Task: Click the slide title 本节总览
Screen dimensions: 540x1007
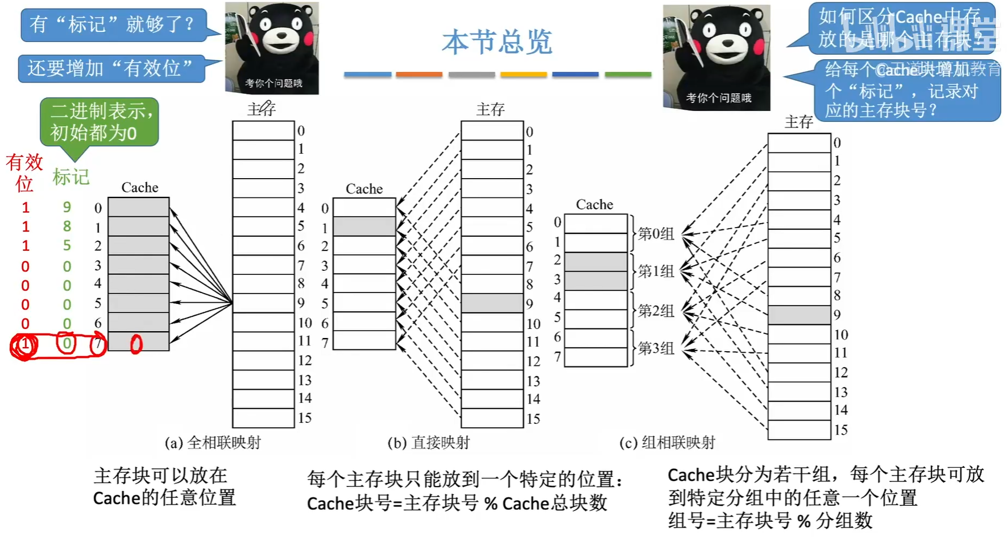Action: [x=497, y=42]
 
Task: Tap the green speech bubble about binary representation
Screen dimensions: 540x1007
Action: [x=99, y=122]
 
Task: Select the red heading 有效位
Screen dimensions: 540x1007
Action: [x=24, y=172]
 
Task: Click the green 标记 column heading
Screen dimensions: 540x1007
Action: [x=71, y=177]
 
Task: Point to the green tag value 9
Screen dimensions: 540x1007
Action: [x=67, y=207]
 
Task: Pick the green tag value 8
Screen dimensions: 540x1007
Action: [x=67, y=226]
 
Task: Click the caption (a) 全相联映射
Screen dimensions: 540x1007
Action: [x=213, y=442]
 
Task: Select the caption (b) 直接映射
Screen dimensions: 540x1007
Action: [x=429, y=442]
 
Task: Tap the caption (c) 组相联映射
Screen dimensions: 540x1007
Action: [x=667, y=442]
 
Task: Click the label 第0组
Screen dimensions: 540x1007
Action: [x=656, y=233]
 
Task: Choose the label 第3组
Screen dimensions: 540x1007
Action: [x=656, y=348]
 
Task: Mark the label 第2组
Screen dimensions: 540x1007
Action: [x=656, y=311]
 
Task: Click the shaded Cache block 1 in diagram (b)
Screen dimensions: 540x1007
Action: [x=364, y=226]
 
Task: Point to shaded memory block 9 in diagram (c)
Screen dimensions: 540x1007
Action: [x=799, y=315]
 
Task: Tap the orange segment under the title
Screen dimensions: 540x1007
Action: [x=419, y=75]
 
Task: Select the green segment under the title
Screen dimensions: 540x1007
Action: [x=628, y=75]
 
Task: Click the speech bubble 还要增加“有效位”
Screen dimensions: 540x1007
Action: [x=111, y=68]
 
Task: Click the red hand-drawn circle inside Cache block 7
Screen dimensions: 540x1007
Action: [x=136, y=344]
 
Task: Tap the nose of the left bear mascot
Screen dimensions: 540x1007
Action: [x=281, y=35]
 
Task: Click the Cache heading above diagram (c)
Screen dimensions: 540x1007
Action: [x=594, y=204]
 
